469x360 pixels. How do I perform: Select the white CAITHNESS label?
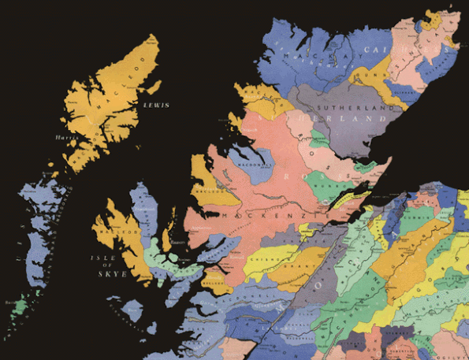click(x=389, y=50)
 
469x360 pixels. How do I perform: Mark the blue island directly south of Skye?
click(x=133, y=310)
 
